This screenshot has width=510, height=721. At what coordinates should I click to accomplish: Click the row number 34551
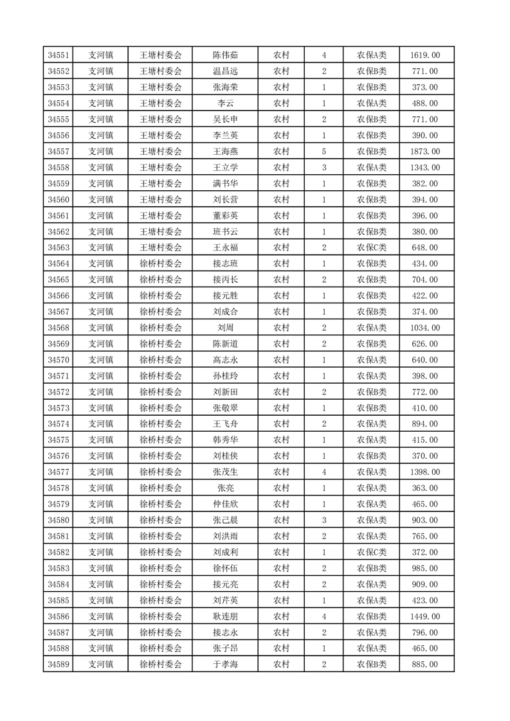59,55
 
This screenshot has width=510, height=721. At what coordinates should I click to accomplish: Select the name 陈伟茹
226,55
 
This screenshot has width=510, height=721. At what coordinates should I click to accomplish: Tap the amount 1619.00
424,55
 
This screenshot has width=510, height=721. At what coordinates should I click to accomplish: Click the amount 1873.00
424,152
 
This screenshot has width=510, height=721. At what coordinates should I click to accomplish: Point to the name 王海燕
226,152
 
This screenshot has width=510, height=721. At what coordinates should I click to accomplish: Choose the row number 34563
59,247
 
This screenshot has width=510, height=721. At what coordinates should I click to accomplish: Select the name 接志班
226,263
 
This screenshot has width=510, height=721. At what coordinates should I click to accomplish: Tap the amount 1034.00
424,328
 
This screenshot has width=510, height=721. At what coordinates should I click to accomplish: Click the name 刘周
226,328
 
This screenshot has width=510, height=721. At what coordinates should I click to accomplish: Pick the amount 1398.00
424,472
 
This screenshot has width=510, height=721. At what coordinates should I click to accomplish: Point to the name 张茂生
226,472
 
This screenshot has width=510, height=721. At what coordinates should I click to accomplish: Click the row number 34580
59,521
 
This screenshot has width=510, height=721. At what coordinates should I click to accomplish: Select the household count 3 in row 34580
323,521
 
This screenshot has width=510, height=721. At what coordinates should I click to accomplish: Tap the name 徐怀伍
226,568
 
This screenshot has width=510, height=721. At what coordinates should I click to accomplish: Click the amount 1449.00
424,616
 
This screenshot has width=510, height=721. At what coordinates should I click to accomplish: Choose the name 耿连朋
226,616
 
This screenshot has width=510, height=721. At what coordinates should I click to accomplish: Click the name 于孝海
226,664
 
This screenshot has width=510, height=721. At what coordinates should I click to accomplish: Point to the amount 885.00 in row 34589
424,664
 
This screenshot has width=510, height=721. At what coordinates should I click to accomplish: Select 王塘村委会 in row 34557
161,152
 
